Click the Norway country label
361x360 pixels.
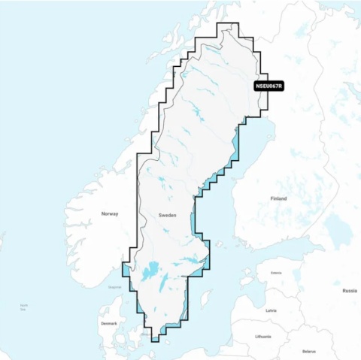[x=110, y=214]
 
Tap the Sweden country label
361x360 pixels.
[x=167, y=214]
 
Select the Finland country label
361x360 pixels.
[x=278, y=198]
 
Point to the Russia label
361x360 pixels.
[x=350, y=290]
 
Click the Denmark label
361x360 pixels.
[x=109, y=323]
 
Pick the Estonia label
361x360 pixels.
[x=276, y=273]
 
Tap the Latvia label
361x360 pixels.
[x=271, y=310]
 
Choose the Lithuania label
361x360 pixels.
[x=263, y=336]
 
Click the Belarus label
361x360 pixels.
[x=309, y=351]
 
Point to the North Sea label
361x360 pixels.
[x=24, y=307]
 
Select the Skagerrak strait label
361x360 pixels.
[x=114, y=286]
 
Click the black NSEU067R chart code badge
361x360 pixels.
[x=268, y=86]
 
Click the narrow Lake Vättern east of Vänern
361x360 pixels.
[x=163, y=281]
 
